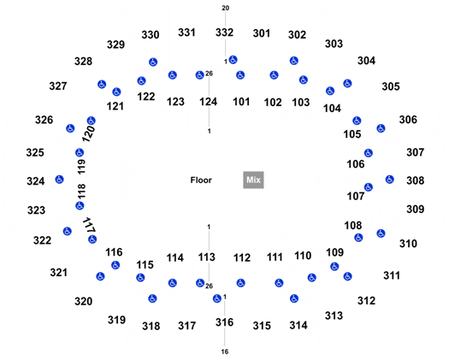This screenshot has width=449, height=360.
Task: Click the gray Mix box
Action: pos(253,180)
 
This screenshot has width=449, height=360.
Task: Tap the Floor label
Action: pos(201,180)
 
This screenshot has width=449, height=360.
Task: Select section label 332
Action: pos(224,32)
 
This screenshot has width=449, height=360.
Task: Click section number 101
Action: pos(241,102)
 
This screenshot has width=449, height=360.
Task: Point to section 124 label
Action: pos(208,102)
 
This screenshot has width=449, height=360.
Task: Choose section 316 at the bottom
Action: pos(224,322)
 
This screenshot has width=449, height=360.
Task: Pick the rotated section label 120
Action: pos(88,133)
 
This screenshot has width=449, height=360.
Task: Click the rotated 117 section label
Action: pos(89,225)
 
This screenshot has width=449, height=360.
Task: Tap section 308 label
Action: pos(415,180)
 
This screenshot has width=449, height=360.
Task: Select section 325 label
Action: pos(35,152)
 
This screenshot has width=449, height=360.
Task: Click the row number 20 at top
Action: pos(226,8)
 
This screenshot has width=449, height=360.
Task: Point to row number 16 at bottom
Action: pos(225,351)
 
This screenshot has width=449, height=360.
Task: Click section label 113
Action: pos(207,257)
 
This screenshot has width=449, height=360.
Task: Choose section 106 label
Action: pos(356,164)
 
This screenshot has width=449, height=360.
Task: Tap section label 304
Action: pos(366,61)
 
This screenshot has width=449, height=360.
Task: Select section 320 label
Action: pos(84,301)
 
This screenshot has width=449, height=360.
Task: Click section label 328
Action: pos(83,62)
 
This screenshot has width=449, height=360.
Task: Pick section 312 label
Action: pos(366,301)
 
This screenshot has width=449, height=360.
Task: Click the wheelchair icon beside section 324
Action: pos(60,180)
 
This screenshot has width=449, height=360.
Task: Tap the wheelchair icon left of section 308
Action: pos(389,180)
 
